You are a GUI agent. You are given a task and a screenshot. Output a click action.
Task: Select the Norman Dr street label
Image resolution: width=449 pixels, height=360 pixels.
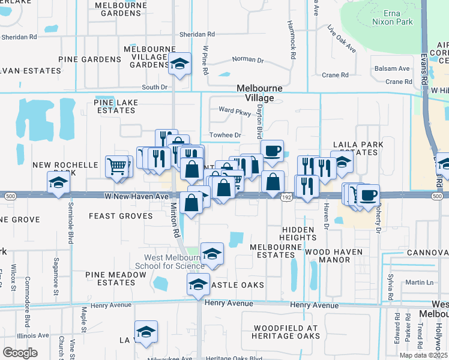248,60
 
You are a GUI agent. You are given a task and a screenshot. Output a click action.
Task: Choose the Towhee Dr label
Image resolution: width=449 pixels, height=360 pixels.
224,135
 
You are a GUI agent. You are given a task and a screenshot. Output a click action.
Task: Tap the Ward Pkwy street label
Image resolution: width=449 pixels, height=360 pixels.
235,110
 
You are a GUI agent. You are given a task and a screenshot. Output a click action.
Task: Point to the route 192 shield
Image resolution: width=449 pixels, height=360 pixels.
287,196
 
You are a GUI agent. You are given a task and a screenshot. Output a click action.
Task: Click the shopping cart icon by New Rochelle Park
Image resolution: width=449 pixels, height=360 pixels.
117,166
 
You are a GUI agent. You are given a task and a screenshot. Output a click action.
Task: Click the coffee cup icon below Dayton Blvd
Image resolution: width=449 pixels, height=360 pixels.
271,150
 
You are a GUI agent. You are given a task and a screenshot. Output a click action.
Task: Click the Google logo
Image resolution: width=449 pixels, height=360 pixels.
20,352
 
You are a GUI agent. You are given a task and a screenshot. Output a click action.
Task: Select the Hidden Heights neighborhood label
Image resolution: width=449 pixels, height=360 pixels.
297,233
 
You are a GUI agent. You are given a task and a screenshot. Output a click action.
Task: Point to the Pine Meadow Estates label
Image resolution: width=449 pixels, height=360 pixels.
115,278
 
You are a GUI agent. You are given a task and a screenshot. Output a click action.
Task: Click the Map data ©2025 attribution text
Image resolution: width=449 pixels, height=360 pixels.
423,355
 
